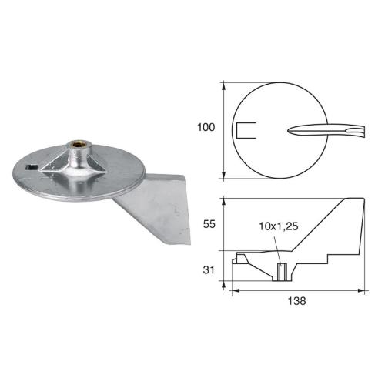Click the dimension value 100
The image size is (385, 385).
(x=206, y=127)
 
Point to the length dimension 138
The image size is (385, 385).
(x=296, y=302)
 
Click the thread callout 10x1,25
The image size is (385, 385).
(x=278, y=228)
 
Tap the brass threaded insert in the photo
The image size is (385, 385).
(x=78, y=144)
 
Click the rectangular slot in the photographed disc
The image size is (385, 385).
(x=32, y=166)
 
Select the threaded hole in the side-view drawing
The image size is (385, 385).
(x=281, y=271)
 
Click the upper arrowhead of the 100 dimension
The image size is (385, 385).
(x=224, y=83)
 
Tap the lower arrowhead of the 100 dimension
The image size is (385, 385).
(x=224, y=176)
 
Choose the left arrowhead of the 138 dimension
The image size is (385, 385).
(x=234, y=291)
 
